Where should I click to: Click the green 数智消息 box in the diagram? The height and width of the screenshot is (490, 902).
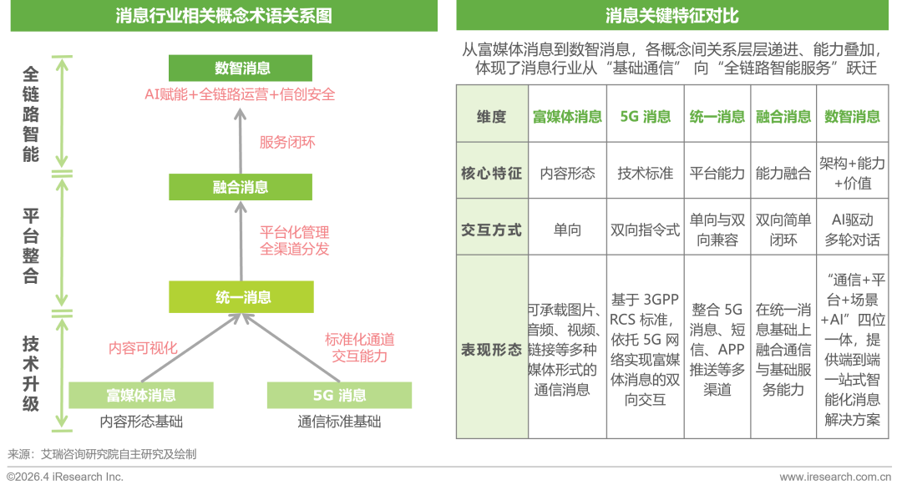click(x=241, y=68)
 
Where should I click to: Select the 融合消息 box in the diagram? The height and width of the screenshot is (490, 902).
click(x=241, y=187)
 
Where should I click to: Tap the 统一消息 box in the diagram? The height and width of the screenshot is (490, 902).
click(x=241, y=297)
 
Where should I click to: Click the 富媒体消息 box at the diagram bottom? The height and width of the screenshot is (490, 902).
click(x=141, y=395)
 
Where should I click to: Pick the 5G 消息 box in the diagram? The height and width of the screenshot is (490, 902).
click(x=339, y=395)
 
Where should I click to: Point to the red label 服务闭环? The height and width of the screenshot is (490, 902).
click(x=287, y=142)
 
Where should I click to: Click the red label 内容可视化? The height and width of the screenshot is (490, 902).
click(x=143, y=348)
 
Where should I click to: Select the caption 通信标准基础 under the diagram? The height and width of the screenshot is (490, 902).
click(x=339, y=422)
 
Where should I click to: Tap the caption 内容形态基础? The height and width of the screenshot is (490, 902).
click(x=141, y=422)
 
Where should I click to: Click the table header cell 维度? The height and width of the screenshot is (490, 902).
click(x=492, y=117)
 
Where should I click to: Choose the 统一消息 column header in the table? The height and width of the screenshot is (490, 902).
click(x=717, y=117)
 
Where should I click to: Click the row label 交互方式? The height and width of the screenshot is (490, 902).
click(x=492, y=230)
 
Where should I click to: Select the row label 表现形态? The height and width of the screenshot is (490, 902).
click(x=492, y=350)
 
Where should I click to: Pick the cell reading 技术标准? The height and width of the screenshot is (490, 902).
click(x=646, y=173)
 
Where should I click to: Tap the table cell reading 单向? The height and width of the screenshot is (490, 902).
click(x=567, y=230)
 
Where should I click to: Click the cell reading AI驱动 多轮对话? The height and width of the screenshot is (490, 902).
click(x=853, y=230)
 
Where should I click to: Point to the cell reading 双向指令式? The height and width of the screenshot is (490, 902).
click(x=646, y=230)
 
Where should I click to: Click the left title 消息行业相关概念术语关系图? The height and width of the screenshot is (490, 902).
click(x=224, y=16)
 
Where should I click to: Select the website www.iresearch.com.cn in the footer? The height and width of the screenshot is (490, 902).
click(x=835, y=477)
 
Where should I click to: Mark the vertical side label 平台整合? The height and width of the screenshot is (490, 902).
click(x=31, y=245)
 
